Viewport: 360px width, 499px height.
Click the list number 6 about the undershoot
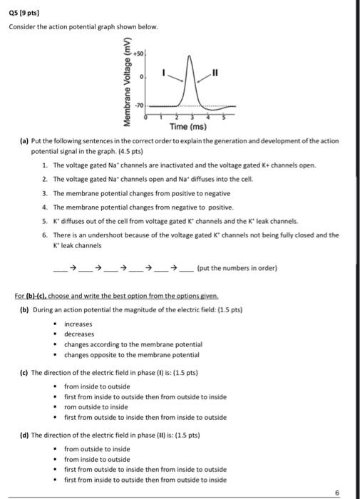pyautogui.click(x=44, y=235)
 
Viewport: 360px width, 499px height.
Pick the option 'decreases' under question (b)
pyautogui.click(x=78, y=334)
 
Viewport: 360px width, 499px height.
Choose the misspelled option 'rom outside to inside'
pyautogui.click(x=101, y=407)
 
